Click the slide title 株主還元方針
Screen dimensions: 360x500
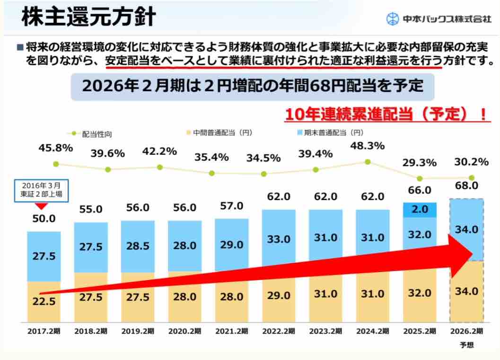tap(89, 18)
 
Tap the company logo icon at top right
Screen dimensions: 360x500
tap(393, 19)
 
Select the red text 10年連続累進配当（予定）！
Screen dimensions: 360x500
tap(386, 114)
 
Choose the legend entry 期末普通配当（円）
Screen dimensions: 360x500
tap(327, 133)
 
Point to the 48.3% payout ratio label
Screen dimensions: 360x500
tap(367, 146)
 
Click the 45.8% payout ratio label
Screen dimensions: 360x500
tap(56, 148)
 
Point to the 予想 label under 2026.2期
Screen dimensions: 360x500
tap(466, 345)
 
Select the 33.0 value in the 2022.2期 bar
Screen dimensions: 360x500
tap(279, 239)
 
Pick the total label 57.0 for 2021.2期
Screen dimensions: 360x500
tap(232, 206)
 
